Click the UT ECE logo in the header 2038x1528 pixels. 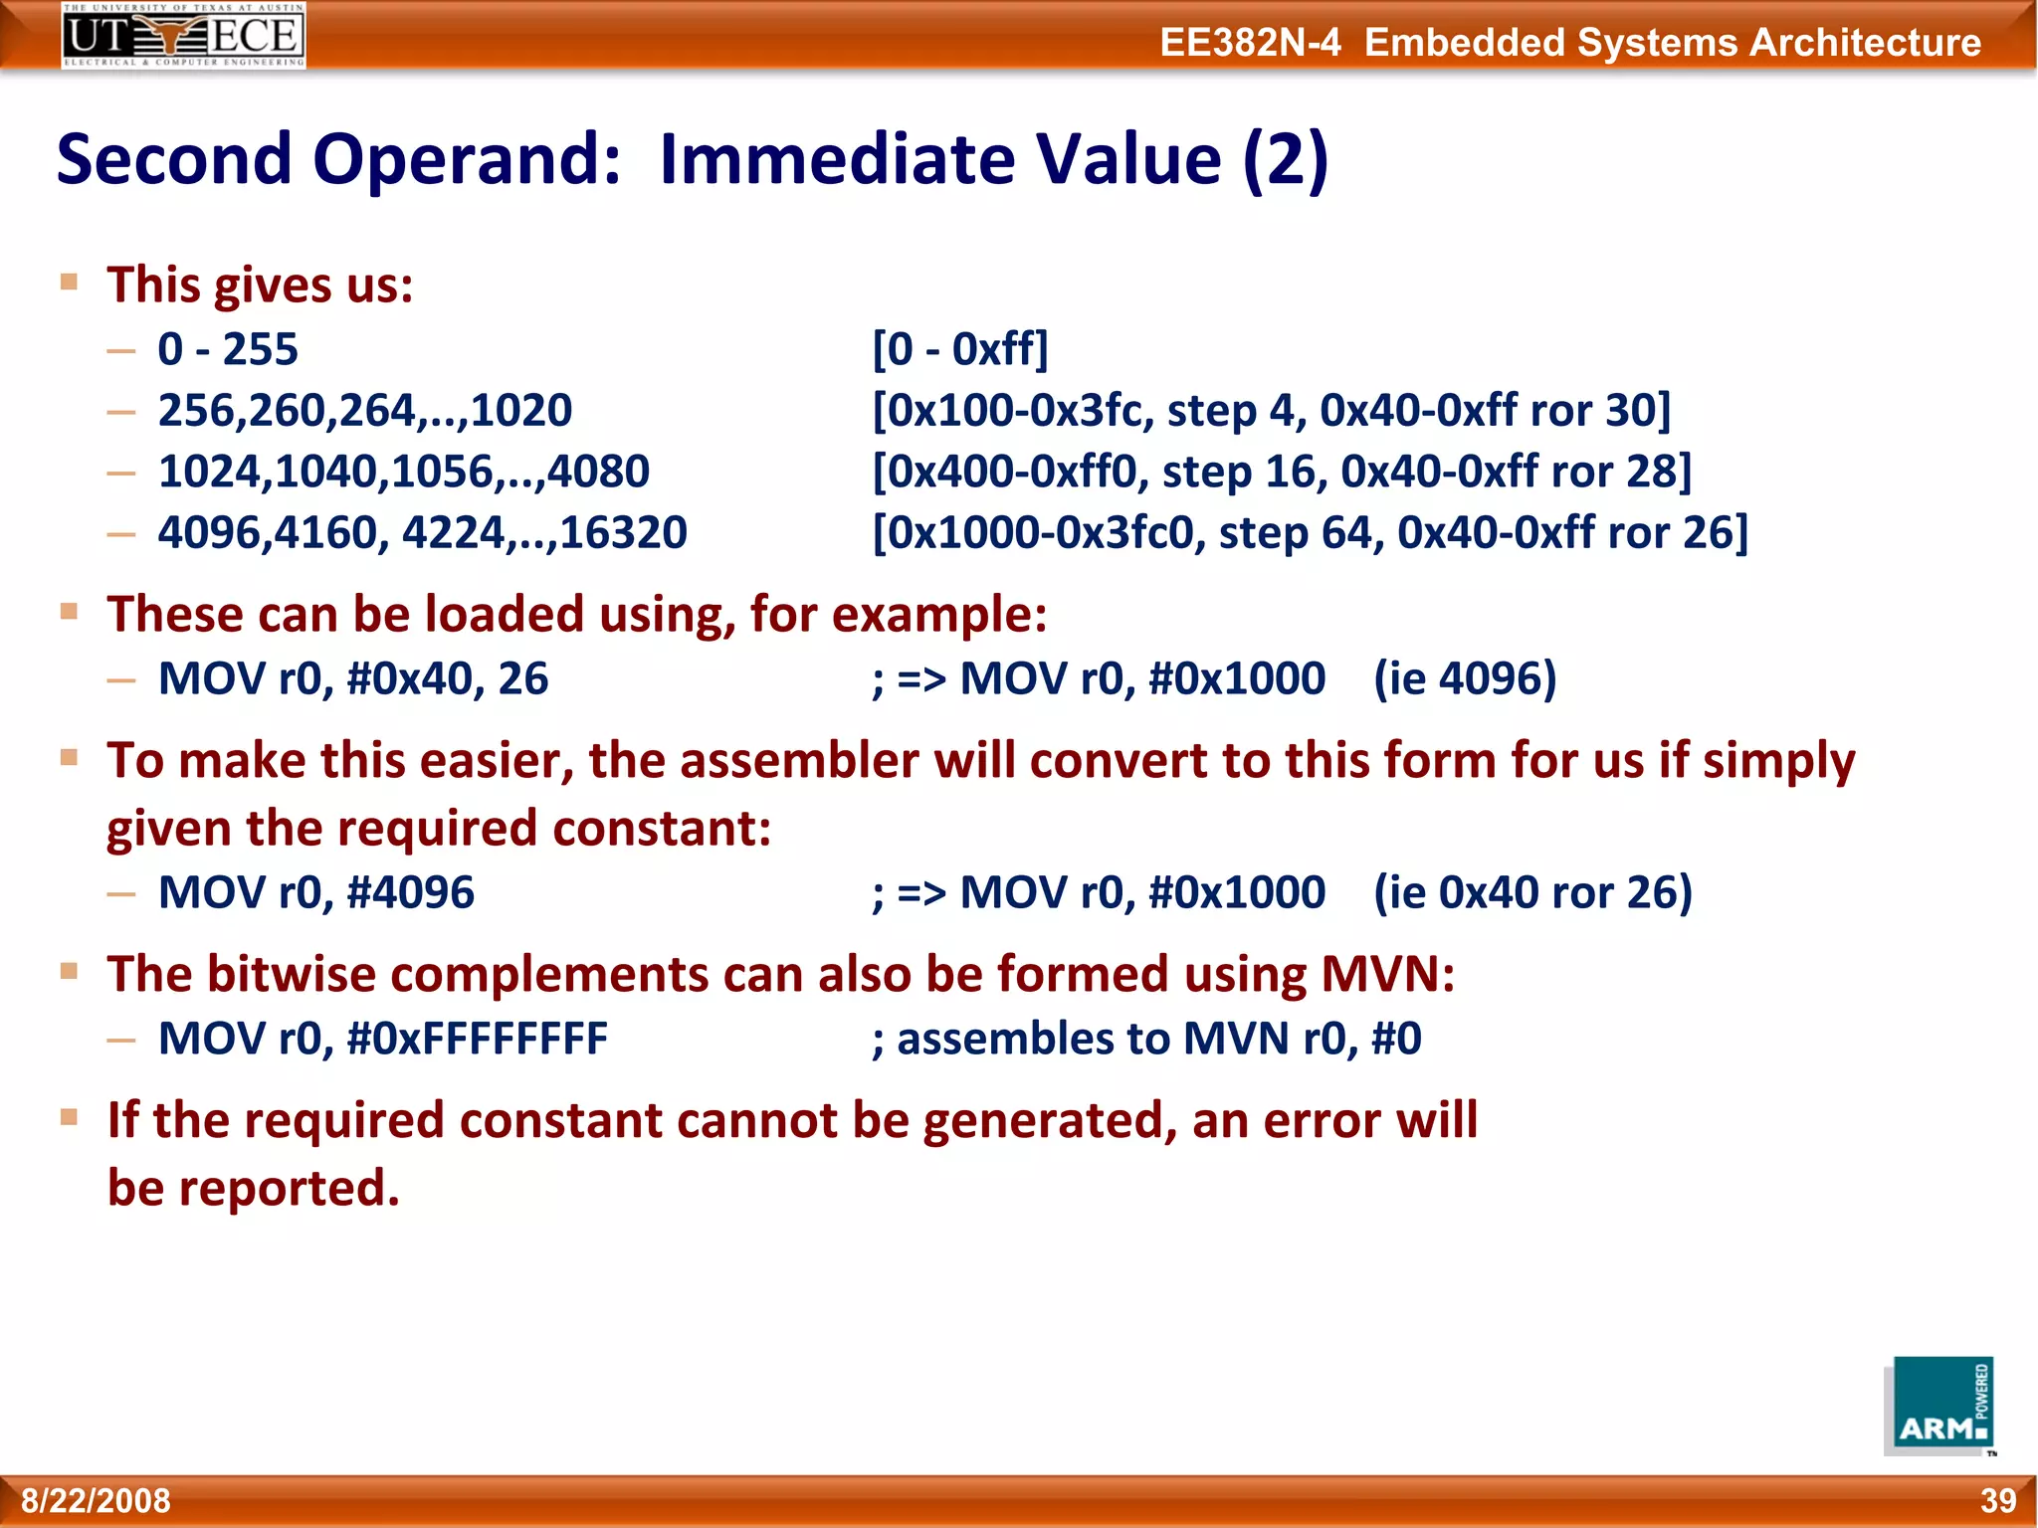tap(183, 36)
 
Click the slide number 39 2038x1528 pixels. tap(1997, 1500)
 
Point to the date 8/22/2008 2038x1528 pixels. tap(97, 1500)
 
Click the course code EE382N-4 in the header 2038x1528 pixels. tap(1250, 43)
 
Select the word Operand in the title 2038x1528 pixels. tap(467, 159)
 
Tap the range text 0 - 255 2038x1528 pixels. tap(228, 349)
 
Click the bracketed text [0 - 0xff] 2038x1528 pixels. tap(960, 349)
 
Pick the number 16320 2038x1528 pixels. tap(624, 532)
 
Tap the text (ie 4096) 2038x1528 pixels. tap(1465, 678)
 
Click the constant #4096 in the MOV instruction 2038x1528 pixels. tap(411, 892)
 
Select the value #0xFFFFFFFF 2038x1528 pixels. tap(478, 1039)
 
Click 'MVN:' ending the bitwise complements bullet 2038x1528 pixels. tap(1387, 974)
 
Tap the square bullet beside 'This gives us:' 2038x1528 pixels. tap(69, 282)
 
